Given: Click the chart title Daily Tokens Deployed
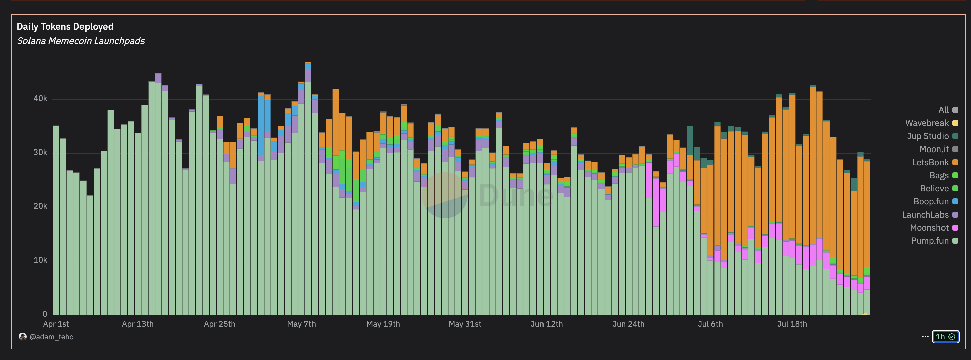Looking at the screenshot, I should point(65,27).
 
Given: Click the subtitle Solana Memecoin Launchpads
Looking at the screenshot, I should point(81,41).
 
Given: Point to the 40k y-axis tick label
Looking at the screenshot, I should point(40,99).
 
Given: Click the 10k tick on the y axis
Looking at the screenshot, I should point(40,260).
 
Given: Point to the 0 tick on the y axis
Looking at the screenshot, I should point(45,314).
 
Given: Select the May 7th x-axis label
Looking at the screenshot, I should point(301,324).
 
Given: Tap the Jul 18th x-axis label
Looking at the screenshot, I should point(792,324).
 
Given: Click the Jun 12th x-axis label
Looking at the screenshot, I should point(547,324).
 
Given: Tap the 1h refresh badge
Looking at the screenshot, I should point(945,337).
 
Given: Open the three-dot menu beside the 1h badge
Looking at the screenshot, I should point(925,337).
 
